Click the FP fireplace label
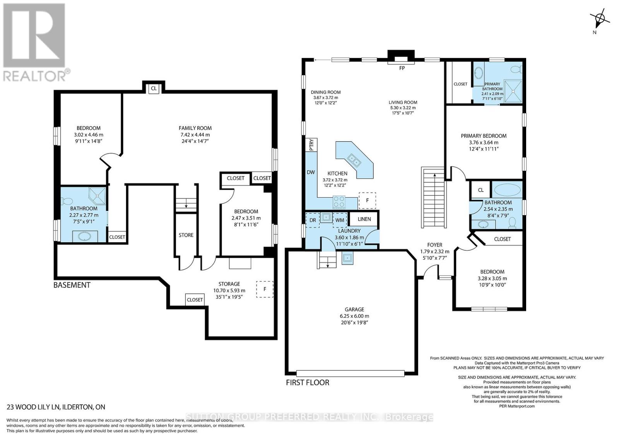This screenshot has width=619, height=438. pyautogui.click(x=402, y=68)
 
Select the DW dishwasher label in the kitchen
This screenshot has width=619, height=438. pyautogui.click(x=311, y=172)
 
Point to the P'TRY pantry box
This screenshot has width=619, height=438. pyautogui.click(x=311, y=145)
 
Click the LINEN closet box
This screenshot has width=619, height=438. pyautogui.click(x=364, y=219)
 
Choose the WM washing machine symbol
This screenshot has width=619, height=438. pyautogui.click(x=340, y=220)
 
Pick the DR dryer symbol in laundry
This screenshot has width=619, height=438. pyautogui.click(x=313, y=220)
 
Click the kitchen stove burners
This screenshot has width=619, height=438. pyautogui.click(x=339, y=202)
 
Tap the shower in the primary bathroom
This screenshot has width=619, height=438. pyautogui.click(x=513, y=91)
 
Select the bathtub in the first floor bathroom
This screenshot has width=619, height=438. pyautogui.click(x=507, y=190)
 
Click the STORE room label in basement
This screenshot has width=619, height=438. pyautogui.click(x=186, y=235)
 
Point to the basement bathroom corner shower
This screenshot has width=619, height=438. pyautogui.click(x=97, y=196)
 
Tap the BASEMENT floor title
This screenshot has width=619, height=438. pyautogui.click(x=72, y=285)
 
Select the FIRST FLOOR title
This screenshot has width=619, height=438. pyautogui.click(x=308, y=382)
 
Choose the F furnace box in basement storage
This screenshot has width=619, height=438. pyautogui.click(x=265, y=289)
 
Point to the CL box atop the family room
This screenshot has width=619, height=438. pyautogui.click(x=154, y=89)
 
